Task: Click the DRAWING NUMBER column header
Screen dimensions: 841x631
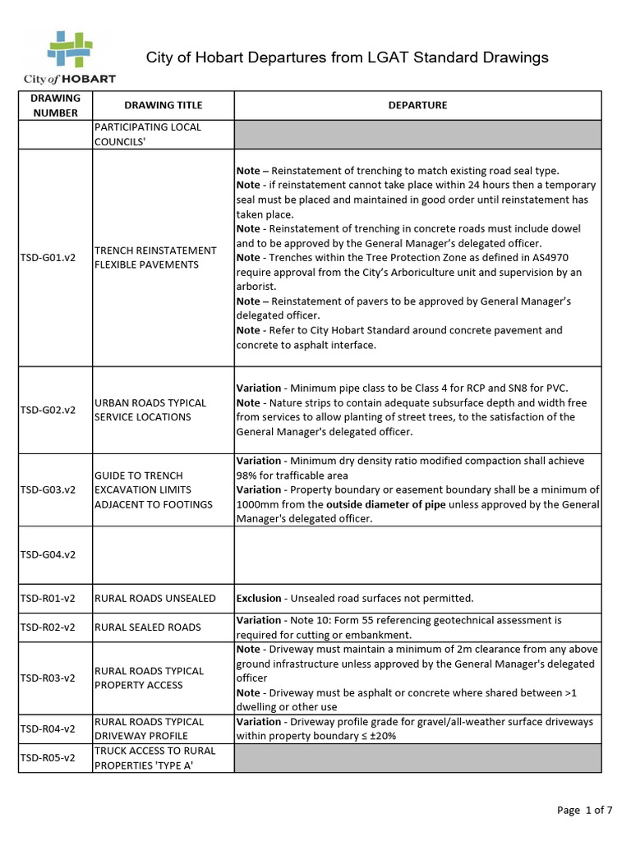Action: pos(56,105)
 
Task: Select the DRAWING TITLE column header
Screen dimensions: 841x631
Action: pos(163,105)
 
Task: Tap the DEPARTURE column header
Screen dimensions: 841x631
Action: pos(417,105)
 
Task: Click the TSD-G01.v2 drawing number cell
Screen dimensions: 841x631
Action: pos(48,258)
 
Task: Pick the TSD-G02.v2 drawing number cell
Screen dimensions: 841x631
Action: pos(48,410)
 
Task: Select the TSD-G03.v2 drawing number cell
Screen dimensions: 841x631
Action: pos(48,489)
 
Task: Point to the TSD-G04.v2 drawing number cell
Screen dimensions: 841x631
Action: pos(48,554)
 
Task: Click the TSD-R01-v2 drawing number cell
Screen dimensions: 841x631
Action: pos(48,599)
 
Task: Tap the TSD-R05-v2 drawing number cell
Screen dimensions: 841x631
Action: pos(48,757)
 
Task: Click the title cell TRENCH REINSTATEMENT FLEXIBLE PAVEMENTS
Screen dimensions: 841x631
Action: pos(156,257)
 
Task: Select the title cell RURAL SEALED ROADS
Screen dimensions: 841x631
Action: pos(148,627)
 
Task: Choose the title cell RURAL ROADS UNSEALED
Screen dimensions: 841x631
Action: pos(155,599)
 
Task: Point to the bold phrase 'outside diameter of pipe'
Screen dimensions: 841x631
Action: pos(386,504)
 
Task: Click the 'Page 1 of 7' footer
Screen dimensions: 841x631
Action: pos(584,810)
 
